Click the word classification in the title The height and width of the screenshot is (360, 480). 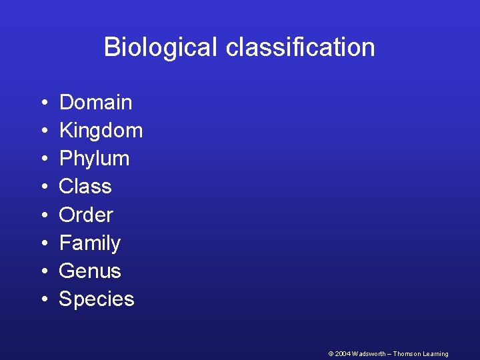[x=300, y=47]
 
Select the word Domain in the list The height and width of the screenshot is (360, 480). [x=95, y=103]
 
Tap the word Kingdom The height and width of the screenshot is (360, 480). [x=101, y=131]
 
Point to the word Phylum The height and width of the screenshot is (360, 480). [x=94, y=159]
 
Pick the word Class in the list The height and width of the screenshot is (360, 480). [x=85, y=187]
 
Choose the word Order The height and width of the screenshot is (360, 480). [x=86, y=215]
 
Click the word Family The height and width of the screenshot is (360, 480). [x=90, y=243]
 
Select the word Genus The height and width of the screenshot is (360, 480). [x=90, y=271]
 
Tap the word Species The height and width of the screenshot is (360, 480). [x=97, y=299]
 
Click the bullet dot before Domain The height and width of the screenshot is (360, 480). [x=42, y=103]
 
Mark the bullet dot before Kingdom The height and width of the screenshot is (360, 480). [x=42, y=131]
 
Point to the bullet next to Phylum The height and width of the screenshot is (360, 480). [x=42, y=159]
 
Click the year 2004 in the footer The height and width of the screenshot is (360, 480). [x=341, y=354]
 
